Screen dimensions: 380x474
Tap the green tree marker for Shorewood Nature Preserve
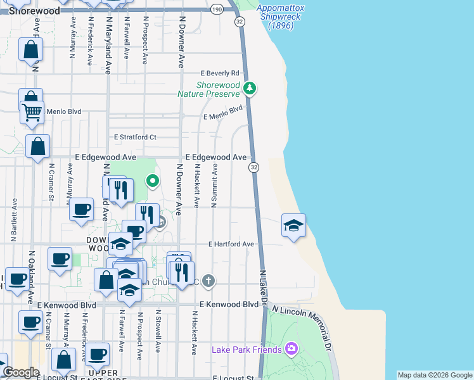(x=250, y=87)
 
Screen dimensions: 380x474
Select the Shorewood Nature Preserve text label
(x=218, y=89)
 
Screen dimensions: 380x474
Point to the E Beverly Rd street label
(x=220, y=73)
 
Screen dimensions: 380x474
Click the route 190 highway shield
(x=217, y=9)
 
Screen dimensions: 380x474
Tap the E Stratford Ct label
(x=134, y=137)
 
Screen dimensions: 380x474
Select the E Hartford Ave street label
(x=231, y=244)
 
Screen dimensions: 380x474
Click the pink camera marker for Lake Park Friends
(x=291, y=348)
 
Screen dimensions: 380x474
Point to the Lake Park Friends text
(x=247, y=350)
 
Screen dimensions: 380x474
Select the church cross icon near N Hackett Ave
(x=208, y=281)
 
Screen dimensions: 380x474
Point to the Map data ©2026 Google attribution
(x=435, y=375)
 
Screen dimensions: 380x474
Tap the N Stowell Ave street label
(x=157, y=331)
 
